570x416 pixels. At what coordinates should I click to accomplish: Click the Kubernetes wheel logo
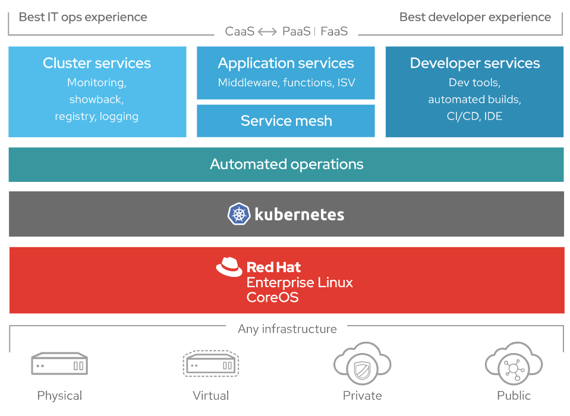tap(238, 214)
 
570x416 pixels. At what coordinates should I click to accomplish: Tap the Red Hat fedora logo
tap(229, 267)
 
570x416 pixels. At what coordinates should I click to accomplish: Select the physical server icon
tap(59, 364)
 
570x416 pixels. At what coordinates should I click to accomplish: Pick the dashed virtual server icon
tap(211, 363)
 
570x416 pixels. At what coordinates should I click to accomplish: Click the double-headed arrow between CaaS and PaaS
tap(267, 31)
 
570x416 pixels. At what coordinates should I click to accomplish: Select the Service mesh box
tap(286, 121)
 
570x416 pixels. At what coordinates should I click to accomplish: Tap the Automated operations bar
tap(286, 165)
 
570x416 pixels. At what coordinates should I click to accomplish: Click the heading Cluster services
tap(97, 63)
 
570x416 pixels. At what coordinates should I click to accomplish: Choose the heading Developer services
tap(475, 63)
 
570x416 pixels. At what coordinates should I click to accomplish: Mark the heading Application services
tap(286, 63)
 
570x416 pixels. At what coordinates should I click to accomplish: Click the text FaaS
tap(334, 31)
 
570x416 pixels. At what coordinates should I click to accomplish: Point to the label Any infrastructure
tap(287, 329)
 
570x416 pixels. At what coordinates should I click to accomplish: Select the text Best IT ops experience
tap(83, 17)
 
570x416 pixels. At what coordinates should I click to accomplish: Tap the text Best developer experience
tap(475, 17)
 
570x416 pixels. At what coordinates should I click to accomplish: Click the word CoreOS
tap(272, 297)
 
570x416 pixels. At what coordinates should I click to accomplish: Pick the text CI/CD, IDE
tap(474, 116)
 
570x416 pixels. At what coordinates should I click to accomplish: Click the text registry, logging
tap(97, 116)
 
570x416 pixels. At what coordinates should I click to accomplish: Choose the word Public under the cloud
tap(514, 395)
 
